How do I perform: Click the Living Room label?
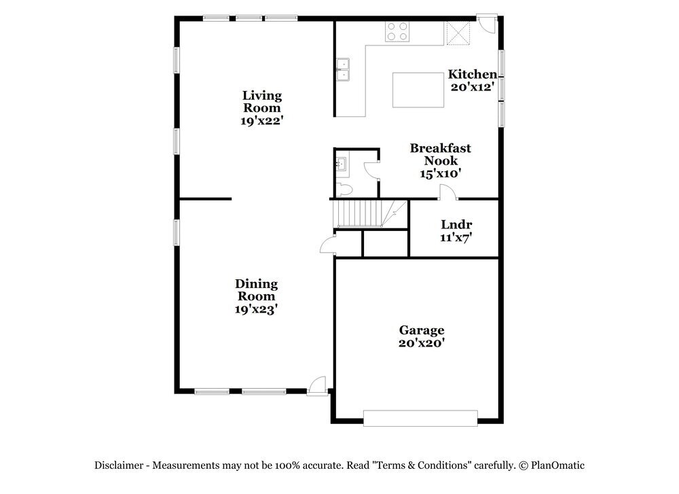[x=261, y=101]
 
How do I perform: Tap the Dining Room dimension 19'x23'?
[x=256, y=308]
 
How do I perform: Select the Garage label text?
[x=421, y=330]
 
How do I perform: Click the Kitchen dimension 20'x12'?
[x=476, y=87]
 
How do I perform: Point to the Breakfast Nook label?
[x=440, y=154]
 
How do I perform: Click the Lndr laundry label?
[x=456, y=225]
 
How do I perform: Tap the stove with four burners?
[x=397, y=32]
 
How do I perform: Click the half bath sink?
[x=342, y=163]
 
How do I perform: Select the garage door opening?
[x=420, y=417]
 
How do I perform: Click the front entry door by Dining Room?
[x=316, y=386]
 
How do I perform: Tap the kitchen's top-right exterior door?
[x=485, y=22]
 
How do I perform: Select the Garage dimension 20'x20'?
[x=421, y=344]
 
